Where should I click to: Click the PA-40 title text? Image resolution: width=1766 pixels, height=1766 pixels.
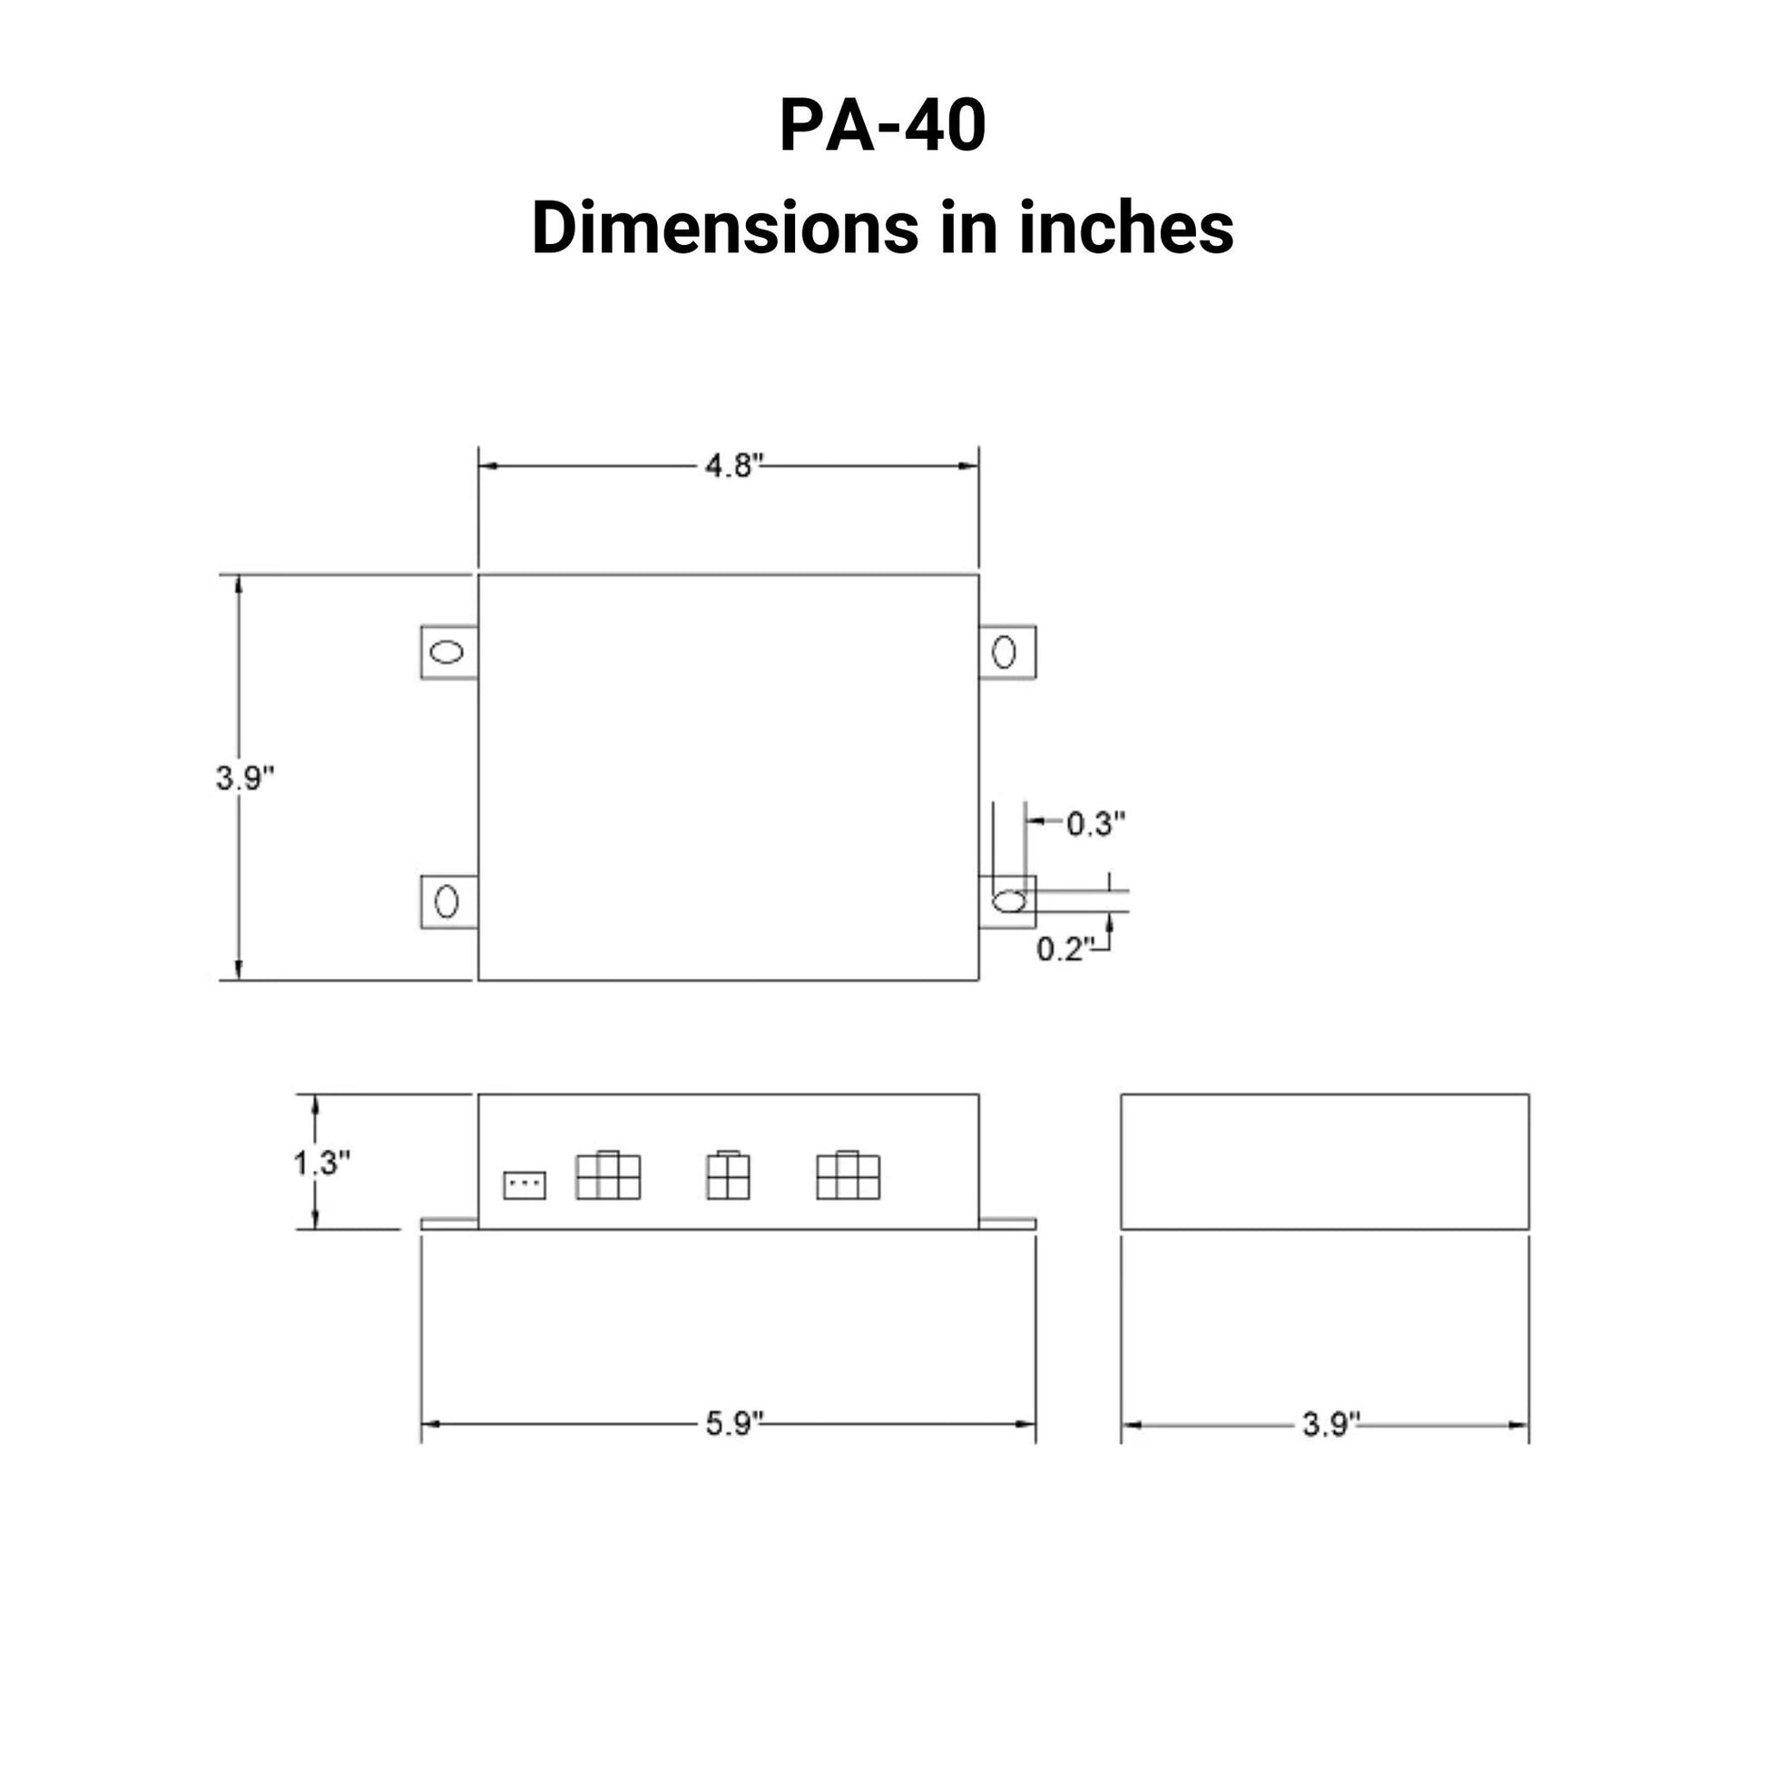pos(882,125)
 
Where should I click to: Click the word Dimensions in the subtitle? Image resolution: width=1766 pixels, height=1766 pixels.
pos(724,229)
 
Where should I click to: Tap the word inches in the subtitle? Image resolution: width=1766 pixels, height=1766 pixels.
pos(1126,229)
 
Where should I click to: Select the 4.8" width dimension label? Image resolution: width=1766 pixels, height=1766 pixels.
pos(732,466)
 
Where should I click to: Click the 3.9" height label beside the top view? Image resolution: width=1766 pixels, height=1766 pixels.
pos(245,778)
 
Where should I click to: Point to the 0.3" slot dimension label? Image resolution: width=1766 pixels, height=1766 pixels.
pos(1095,824)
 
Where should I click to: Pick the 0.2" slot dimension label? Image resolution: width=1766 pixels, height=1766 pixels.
pos(1064,949)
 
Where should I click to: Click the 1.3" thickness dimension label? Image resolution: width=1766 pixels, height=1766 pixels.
pos(321,1163)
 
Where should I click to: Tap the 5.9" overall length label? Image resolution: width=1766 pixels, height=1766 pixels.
pos(733,1423)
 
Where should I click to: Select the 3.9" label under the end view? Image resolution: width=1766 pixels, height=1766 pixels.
pos(1330,1424)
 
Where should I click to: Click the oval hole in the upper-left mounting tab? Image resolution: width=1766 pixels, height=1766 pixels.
pos(447,652)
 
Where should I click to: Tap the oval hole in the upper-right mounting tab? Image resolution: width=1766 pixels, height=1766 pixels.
pos(1004,652)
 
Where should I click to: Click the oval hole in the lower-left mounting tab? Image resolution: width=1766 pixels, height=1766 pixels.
pos(446,901)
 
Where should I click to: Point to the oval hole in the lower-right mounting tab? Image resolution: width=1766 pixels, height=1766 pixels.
pos(1009,901)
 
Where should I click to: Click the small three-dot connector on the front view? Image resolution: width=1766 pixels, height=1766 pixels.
pos(525,1185)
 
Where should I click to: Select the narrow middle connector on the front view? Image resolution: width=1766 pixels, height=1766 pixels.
pos(728,1175)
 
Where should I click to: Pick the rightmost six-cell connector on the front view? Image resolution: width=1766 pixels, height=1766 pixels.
pos(848,1175)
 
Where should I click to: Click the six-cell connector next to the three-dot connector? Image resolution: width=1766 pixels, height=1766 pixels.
pos(608,1175)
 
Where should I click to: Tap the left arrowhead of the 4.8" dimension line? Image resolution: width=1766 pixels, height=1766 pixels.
pos(486,466)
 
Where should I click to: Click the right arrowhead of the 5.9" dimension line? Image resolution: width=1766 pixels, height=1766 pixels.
pos(1027,1424)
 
